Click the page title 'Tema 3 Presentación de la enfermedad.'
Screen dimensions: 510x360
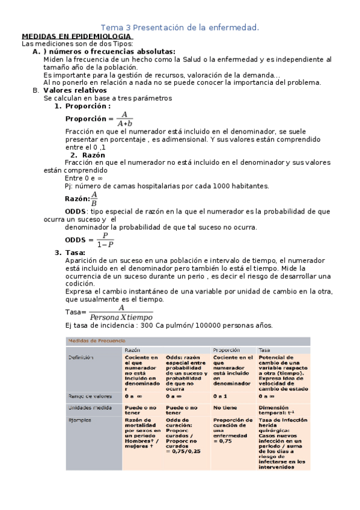[180, 28]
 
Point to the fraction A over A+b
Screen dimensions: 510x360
[124, 118]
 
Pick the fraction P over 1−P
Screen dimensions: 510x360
[105, 239]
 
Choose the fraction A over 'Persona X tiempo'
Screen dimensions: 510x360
[120, 312]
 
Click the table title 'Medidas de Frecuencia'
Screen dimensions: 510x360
[93, 340]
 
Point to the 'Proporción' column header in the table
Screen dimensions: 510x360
[225, 349]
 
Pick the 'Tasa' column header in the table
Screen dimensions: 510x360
[264, 349]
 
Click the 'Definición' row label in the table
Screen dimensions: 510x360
[82, 358]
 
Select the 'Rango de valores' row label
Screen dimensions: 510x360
[87, 396]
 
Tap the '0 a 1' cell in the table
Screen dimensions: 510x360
[220, 396]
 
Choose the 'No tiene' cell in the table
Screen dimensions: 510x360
[225, 407]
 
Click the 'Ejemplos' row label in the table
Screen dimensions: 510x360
[81, 419]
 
